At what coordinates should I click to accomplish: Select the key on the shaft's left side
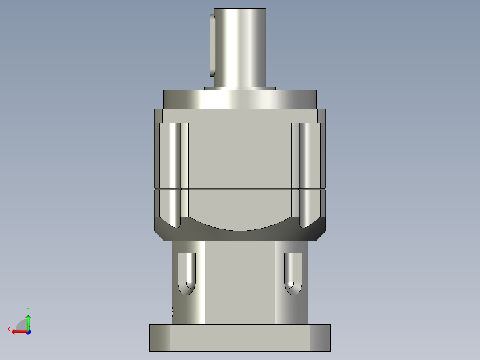[x=212, y=45]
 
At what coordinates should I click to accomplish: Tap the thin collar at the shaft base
[x=240, y=88]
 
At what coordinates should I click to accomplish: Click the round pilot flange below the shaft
[x=240, y=99]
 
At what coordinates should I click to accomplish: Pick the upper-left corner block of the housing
[x=158, y=115]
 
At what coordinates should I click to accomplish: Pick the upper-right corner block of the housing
[x=321, y=115]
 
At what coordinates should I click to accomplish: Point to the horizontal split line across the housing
[x=240, y=189]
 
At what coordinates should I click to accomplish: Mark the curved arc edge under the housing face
[x=240, y=230]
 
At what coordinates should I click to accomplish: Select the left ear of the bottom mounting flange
[x=159, y=337]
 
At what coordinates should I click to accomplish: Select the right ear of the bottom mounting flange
[x=320, y=337]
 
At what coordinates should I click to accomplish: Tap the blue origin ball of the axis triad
[x=28, y=331]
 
